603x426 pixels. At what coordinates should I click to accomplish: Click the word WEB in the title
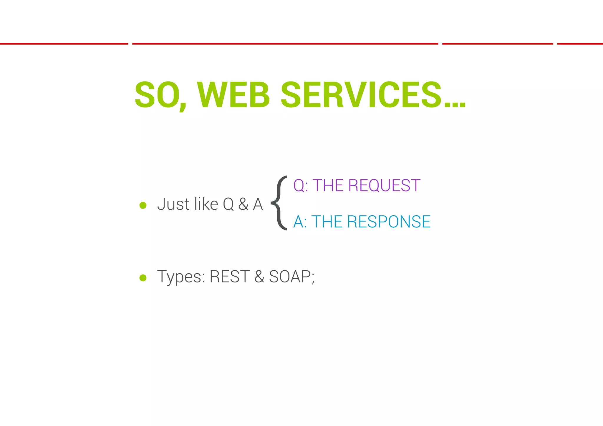pos(233,95)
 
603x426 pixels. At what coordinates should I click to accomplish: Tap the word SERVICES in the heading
pos(361,95)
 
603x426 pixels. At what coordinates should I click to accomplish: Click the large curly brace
pos(279,203)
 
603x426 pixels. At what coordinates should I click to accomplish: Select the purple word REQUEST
pos(384,186)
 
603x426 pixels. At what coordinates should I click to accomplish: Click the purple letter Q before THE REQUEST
pos(299,186)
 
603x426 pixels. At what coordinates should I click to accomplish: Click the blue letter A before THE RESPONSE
pos(299,222)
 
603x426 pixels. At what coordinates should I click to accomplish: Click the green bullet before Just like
pos(143,205)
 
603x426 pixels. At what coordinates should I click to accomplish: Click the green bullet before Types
pos(143,278)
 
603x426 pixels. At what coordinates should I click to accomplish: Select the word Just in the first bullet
pos(173,204)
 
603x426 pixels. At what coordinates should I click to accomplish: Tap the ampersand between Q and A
pos(243,204)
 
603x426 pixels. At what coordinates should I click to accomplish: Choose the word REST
pos(229,277)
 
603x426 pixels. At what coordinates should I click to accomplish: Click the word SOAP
pos(290,277)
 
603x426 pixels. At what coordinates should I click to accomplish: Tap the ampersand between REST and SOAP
pos(259,277)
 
